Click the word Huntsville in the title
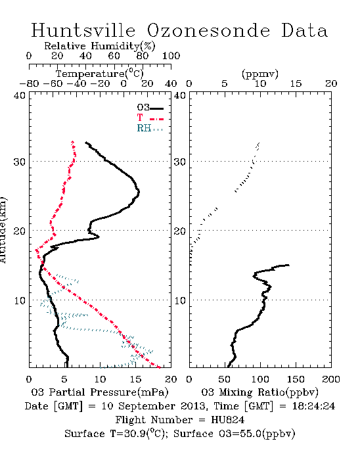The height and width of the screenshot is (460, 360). click(x=83, y=30)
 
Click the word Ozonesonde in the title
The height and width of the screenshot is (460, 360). click(x=208, y=30)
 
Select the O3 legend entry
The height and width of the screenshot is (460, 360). click(x=150, y=108)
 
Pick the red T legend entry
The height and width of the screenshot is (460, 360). click(x=150, y=118)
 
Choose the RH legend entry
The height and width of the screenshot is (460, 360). click(x=150, y=129)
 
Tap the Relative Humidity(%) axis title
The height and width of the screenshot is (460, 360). click(x=100, y=46)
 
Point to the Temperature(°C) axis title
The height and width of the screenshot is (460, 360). click(x=100, y=74)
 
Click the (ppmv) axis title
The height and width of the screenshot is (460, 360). click(x=260, y=74)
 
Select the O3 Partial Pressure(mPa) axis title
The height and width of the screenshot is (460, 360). click(x=100, y=392)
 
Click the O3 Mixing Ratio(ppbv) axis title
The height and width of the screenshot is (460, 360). click(x=259, y=392)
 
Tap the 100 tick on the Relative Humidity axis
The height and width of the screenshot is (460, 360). click(x=171, y=56)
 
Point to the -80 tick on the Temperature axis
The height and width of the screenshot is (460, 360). click(x=29, y=84)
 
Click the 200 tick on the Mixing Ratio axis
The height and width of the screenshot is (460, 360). click(x=331, y=380)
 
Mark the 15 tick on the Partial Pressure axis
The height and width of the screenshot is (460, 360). click(x=135, y=380)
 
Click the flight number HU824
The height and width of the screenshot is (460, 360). click(x=228, y=420)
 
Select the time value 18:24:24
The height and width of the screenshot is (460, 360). click(x=313, y=406)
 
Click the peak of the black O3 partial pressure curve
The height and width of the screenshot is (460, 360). click(x=139, y=192)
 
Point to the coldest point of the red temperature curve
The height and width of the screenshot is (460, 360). click(x=36, y=250)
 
